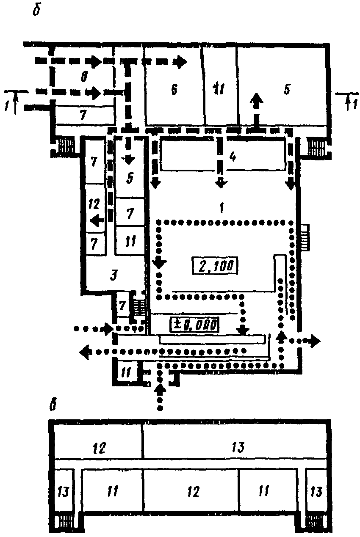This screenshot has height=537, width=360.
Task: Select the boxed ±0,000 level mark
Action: (x=195, y=325)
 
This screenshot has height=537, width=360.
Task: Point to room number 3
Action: (x=113, y=276)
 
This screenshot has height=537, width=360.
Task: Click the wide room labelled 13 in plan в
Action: (x=239, y=447)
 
